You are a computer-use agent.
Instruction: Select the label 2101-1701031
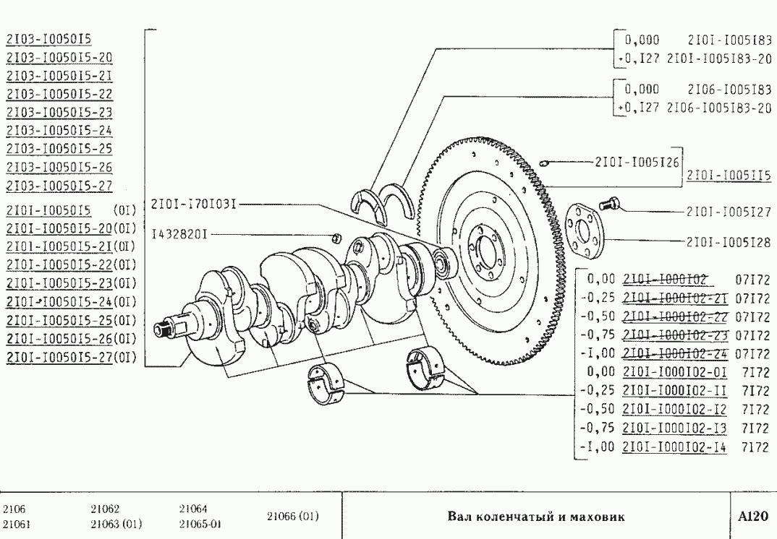(x=194, y=204)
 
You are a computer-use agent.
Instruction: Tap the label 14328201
(x=181, y=235)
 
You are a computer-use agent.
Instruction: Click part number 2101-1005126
(x=636, y=163)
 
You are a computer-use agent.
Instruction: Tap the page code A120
(x=752, y=517)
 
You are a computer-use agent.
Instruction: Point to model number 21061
(x=17, y=523)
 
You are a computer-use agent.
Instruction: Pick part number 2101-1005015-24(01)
(x=72, y=302)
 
